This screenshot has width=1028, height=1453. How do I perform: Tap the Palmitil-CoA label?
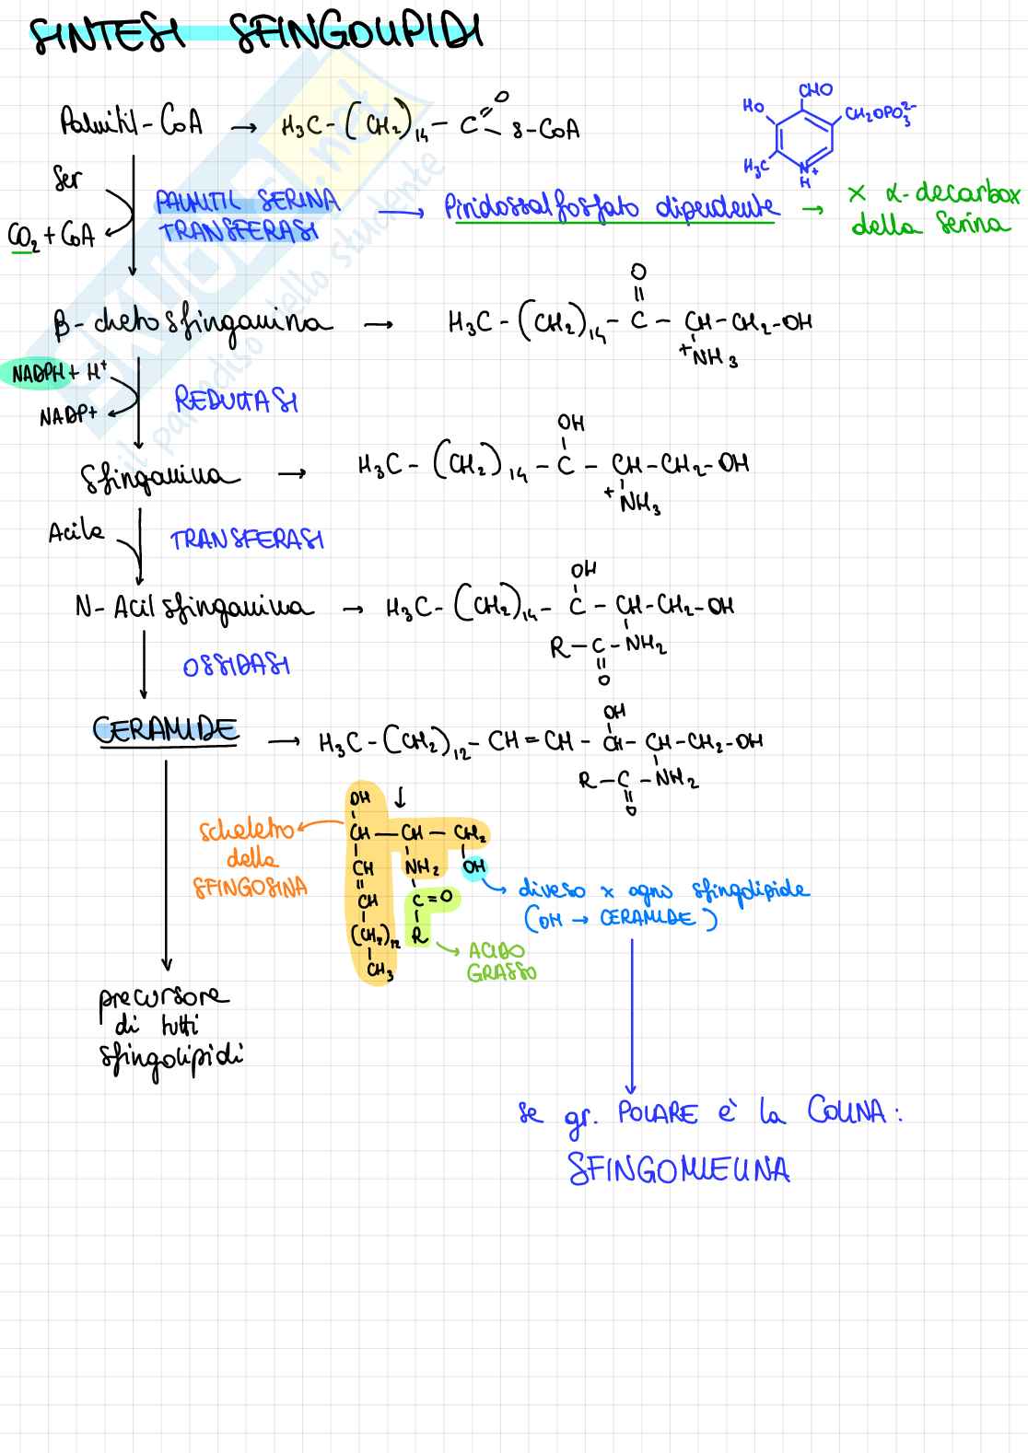pos(131,122)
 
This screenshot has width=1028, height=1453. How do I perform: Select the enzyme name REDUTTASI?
pos(236,401)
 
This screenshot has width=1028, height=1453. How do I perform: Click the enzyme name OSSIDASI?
pos(236,665)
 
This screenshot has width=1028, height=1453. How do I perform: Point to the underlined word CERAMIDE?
pos(165,730)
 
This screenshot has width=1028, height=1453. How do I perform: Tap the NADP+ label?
pos(67,416)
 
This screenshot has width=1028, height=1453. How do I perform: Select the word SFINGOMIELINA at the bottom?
pos(679,1169)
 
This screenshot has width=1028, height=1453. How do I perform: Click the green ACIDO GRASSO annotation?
pos(500,961)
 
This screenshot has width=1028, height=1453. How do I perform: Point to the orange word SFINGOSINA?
pos(250,888)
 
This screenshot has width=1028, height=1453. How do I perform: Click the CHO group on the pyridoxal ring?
pos(815,90)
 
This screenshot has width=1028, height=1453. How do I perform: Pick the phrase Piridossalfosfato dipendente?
pos(611,208)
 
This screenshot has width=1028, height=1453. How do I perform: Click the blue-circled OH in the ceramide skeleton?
pos(473,867)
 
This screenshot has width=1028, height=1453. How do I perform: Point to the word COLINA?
pos(848,1111)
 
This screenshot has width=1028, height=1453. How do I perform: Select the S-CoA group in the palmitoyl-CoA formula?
pos(546,130)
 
